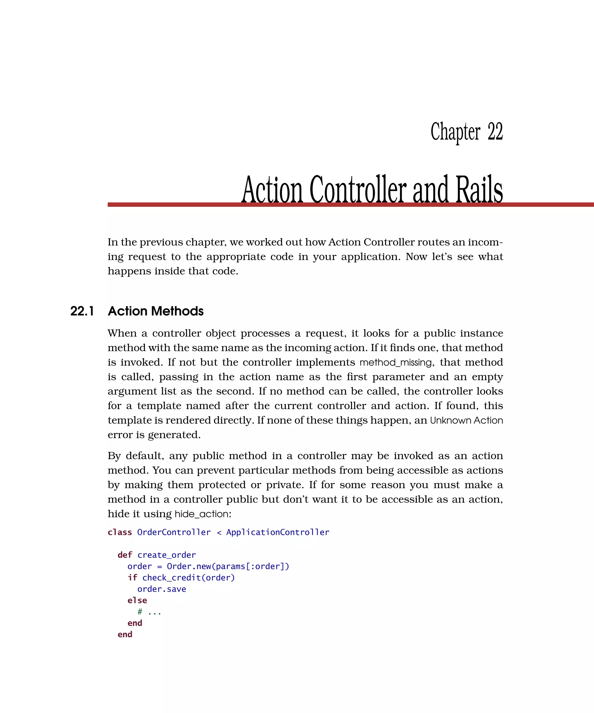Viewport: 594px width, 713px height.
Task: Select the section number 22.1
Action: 82,311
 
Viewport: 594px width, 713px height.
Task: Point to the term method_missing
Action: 395,362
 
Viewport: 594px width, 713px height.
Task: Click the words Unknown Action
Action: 466,420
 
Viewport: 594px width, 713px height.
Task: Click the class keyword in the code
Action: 119,532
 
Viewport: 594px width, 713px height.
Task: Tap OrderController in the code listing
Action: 173,532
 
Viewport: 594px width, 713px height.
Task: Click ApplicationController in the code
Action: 277,532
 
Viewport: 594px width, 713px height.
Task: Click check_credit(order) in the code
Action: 189,578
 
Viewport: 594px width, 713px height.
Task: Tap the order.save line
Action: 162,589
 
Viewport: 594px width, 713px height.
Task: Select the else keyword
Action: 137,600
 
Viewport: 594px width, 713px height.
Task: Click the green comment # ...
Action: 140,612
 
